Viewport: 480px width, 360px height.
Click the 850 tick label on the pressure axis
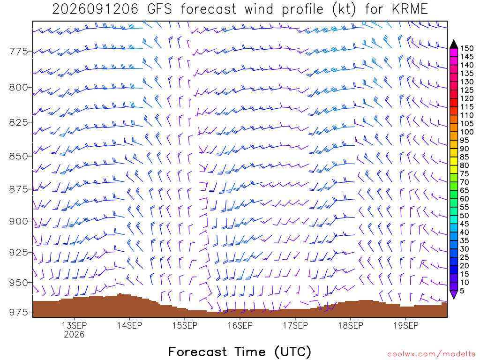tap(18, 156)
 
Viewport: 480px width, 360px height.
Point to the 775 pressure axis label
tap(18, 51)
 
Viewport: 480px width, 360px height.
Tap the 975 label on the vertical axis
tap(18, 312)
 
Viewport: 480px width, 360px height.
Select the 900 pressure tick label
tap(18, 221)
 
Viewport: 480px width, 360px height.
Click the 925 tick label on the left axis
tap(18, 253)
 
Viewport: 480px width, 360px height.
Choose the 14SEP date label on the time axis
tap(129, 325)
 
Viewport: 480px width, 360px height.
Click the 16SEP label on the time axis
tap(240, 325)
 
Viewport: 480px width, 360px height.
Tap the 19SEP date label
tap(406, 325)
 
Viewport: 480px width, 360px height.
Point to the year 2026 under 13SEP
tap(74, 334)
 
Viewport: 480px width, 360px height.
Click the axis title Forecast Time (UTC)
tap(240, 352)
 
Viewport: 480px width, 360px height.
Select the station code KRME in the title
tap(410, 9)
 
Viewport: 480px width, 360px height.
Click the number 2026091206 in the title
tap(95, 9)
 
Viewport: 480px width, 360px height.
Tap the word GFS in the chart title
tap(160, 9)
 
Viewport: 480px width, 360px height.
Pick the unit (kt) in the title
tap(344, 9)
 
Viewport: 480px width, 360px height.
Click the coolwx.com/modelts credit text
tap(431, 354)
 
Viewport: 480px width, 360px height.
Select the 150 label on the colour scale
tap(467, 48)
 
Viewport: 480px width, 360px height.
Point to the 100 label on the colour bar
tap(467, 132)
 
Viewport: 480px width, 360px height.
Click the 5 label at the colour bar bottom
tap(462, 291)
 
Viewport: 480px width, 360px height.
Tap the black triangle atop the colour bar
tap(454, 44)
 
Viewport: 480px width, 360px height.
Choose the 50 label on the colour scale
tap(465, 216)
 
